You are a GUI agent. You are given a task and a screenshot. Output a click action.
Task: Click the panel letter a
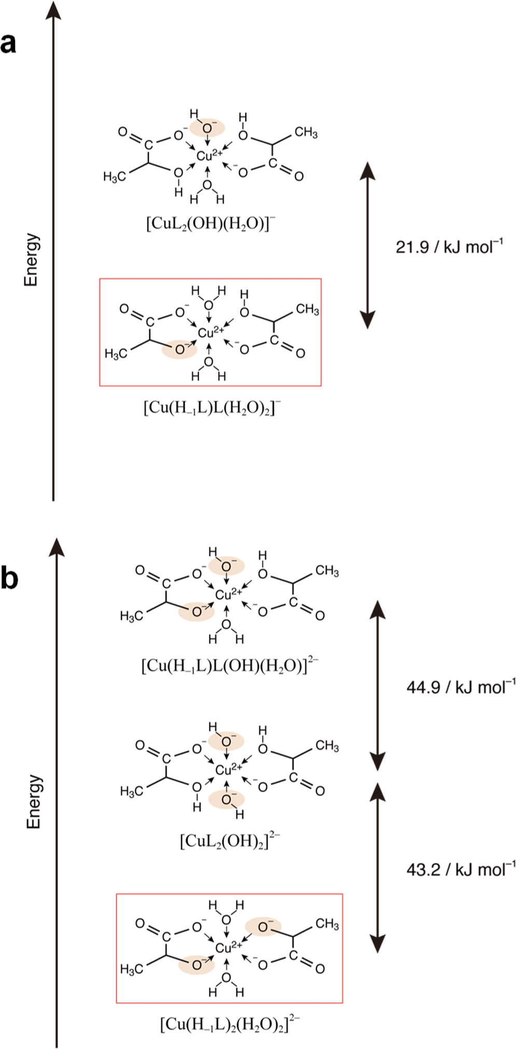coord(9,44)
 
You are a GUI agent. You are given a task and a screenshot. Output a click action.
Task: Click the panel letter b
coord(10,580)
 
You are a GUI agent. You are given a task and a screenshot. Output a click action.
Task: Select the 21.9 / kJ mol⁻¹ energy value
coord(449,246)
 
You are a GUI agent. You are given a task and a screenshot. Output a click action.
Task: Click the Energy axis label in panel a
coord(32,259)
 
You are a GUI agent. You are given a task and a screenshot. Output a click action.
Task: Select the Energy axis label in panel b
coord(34,801)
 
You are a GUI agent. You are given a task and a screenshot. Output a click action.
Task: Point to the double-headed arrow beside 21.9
coord(367,245)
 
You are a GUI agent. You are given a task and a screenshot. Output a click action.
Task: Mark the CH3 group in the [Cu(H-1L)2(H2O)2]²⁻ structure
coord(327,924)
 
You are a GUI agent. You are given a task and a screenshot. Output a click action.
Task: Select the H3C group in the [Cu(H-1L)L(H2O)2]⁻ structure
coord(115,354)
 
